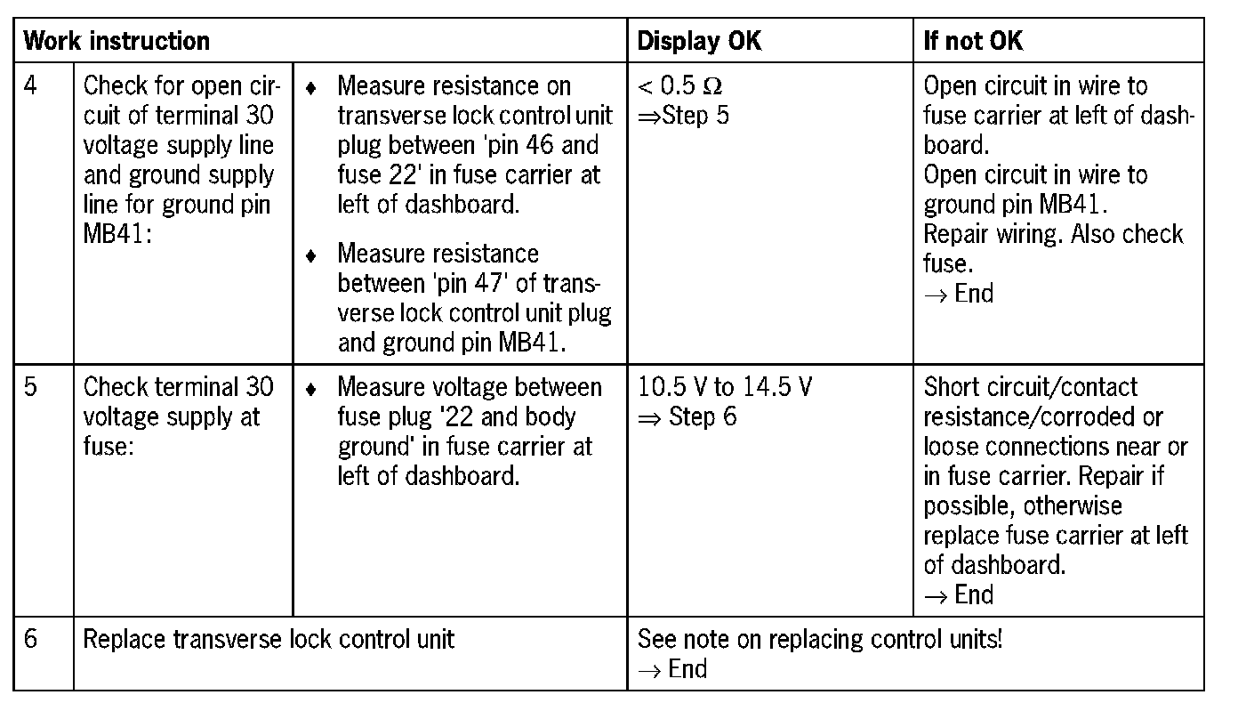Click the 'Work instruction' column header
click(x=117, y=41)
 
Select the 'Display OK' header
click(x=699, y=41)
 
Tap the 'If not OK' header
click(x=973, y=41)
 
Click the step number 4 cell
click(x=31, y=87)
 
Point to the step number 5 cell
click(x=31, y=388)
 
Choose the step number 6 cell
click(x=31, y=640)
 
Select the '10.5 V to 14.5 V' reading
click(x=725, y=388)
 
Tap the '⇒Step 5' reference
click(x=683, y=117)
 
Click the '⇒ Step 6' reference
click(x=687, y=417)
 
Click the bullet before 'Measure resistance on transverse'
click(x=310, y=89)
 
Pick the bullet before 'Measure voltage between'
click(x=310, y=390)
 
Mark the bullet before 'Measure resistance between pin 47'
click(x=310, y=256)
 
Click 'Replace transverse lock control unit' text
click(x=268, y=640)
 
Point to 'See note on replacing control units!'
click(x=820, y=640)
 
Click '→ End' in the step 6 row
click(x=672, y=669)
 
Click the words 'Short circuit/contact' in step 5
click(x=1030, y=388)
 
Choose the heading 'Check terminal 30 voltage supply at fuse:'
click(x=178, y=416)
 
